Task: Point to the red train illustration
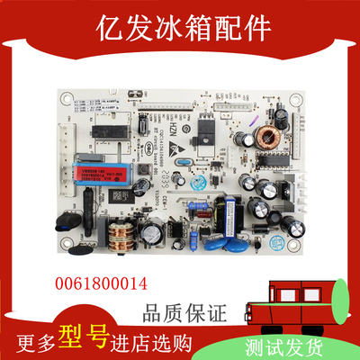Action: coord(300,288)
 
